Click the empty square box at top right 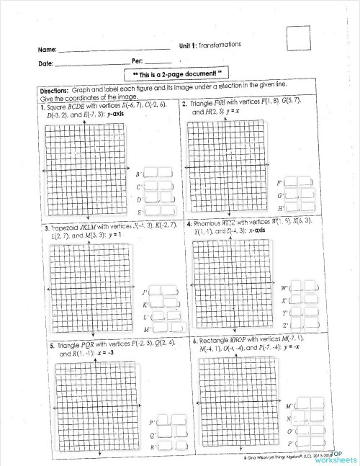coord(297,37)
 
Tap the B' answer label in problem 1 coord(139,174)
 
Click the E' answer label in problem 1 coord(139,213)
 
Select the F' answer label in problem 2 coord(279,183)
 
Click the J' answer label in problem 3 coord(145,292)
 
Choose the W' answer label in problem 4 coord(285,288)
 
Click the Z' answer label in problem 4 coord(285,326)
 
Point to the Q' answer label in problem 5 coord(152,434)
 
